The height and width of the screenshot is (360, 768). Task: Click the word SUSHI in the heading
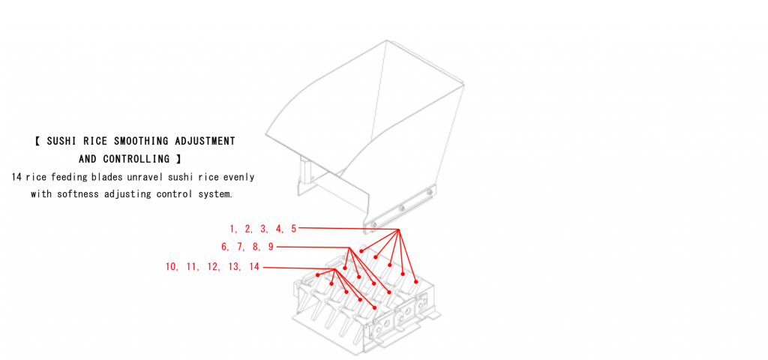coord(61,142)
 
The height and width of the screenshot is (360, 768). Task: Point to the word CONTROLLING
coord(136,159)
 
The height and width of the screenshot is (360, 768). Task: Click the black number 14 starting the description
coord(16,177)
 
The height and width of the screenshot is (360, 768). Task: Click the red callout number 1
coord(233,229)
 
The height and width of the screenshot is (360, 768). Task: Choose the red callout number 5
coord(293,229)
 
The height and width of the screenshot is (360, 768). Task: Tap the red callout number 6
coord(225,247)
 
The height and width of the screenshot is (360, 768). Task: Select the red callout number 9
coord(270,247)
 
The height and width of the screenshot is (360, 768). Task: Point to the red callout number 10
coord(171,267)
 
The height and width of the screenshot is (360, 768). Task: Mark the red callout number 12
coord(212,267)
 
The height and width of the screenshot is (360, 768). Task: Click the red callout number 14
coord(253,267)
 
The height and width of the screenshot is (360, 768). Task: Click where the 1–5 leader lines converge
coord(399,229)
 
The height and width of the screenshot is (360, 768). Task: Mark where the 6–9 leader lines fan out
coord(349,247)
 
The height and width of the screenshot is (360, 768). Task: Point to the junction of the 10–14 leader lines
coord(334,269)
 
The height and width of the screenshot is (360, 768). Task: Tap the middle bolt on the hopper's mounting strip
coord(401,208)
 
